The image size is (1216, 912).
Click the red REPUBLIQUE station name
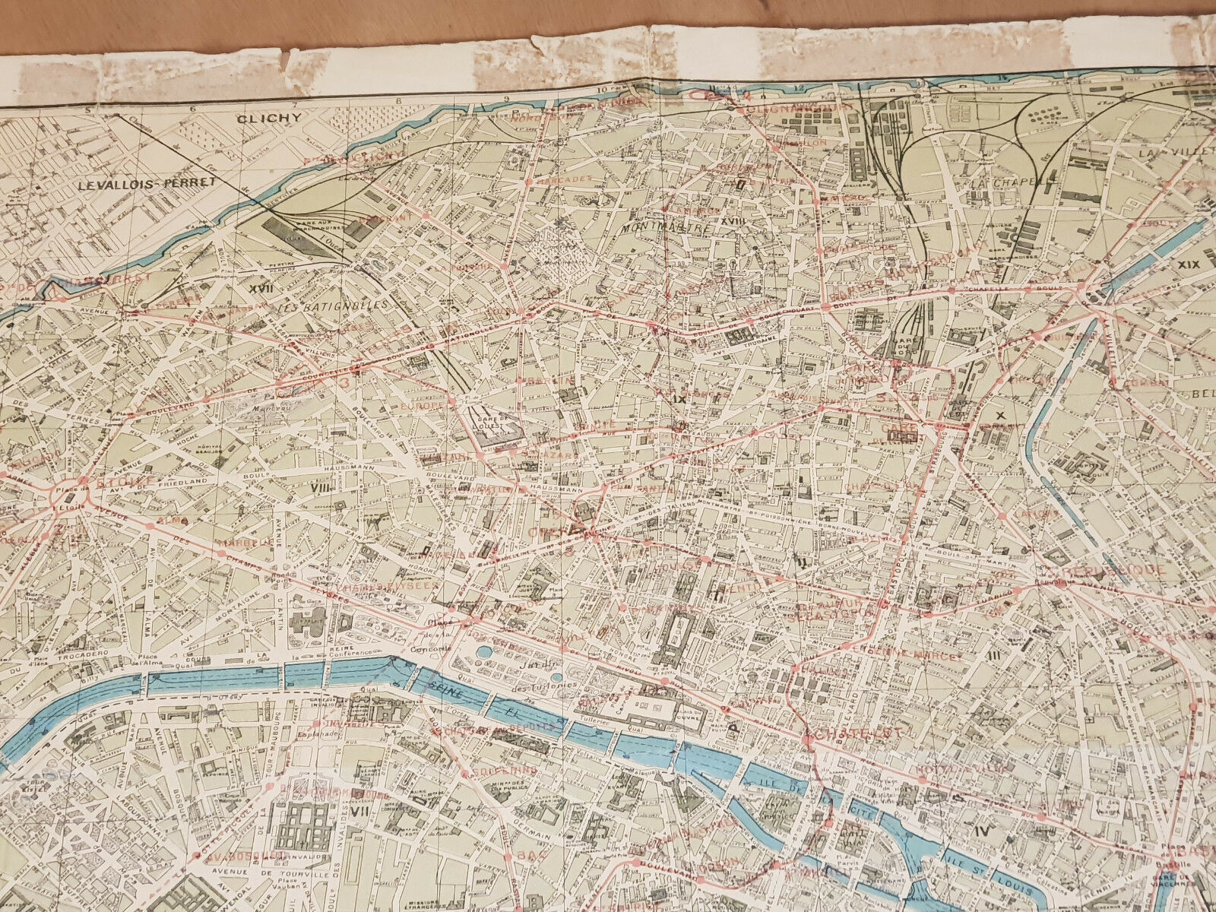[1115, 568]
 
